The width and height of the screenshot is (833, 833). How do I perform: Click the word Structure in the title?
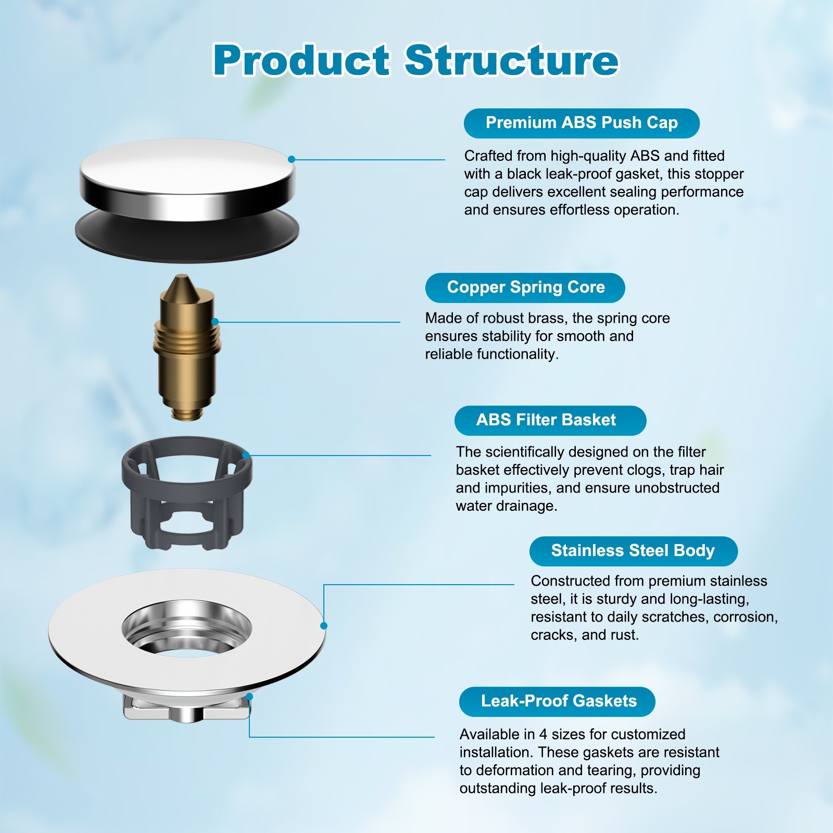pos(512,60)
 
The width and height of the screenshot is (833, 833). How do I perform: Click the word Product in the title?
pos(301,60)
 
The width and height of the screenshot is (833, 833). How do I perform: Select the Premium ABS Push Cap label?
pos(582,123)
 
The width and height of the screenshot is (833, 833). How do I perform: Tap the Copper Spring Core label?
pos(525,287)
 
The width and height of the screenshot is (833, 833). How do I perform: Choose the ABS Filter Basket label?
pos(550,420)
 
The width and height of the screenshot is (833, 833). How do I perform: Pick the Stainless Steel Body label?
pos(633,551)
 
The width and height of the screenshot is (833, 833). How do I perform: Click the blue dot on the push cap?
pos(292,159)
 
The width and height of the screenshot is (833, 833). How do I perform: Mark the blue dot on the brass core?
pos(215,322)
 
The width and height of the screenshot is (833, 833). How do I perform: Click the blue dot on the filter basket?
pos(246,455)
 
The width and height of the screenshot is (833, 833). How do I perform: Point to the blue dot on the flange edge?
pos(323,625)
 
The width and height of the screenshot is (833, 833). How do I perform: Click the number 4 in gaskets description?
pos(543,735)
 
